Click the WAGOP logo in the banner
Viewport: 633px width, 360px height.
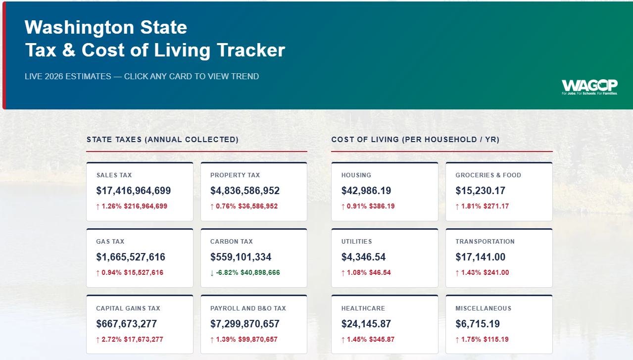pos(589,86)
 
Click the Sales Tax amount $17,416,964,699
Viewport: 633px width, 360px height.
pos(134,191)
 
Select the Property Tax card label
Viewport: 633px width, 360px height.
pos(235,175)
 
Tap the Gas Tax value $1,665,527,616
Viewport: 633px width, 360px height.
pos(131,257)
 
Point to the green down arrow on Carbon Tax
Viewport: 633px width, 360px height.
pos(212,273)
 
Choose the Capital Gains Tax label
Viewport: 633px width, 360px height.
pos(128,309)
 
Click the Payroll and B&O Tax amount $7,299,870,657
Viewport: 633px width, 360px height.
pos(245,324)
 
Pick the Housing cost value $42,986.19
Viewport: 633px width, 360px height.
pos(366,191)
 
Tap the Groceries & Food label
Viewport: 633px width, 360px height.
pos(488,175)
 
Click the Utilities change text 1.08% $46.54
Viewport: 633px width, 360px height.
pos(370,273)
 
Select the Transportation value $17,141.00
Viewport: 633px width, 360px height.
pos(481,257)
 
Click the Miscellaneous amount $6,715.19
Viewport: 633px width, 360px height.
pos(478,324)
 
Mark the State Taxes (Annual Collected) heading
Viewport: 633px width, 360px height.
pos(162,140)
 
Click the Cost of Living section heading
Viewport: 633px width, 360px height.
pos(415,140)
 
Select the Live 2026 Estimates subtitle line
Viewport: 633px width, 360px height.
pos(142,76)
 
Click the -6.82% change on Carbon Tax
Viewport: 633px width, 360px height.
pos(227,273)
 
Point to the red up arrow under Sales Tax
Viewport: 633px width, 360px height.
pos(98,206)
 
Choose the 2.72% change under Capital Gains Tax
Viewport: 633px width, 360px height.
pos(111,340)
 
